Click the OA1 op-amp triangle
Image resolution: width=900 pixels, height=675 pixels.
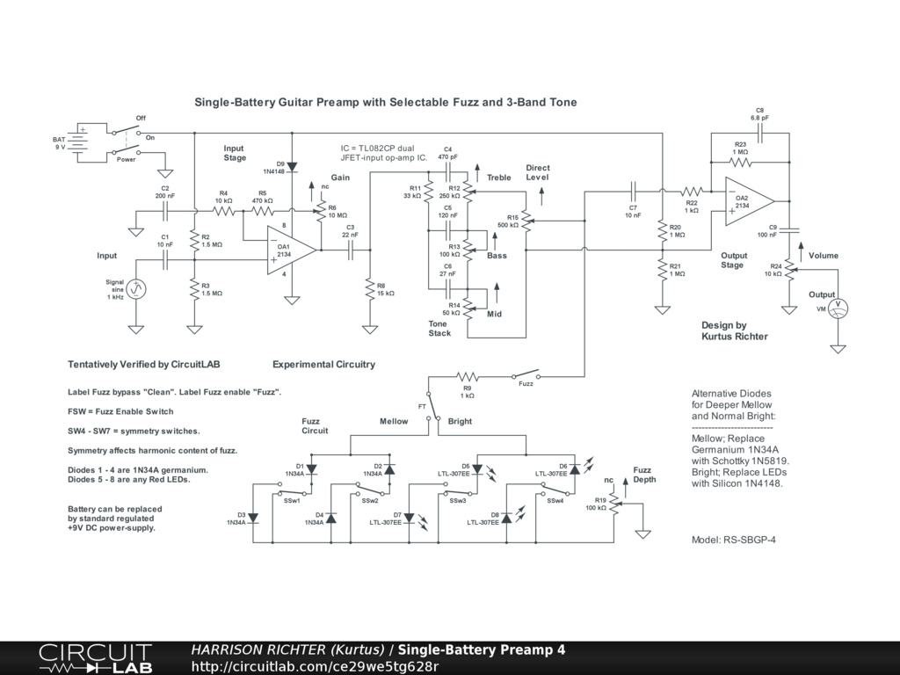pos(290,250)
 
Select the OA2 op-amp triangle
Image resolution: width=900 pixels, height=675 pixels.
pos(749,201)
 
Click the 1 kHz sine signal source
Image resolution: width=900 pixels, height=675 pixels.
pos(136,289)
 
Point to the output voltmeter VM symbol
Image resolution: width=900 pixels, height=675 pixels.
pos(838,308)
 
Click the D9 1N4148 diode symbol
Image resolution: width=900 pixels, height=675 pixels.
pos(292,167)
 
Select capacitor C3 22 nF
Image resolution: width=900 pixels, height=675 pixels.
pos(351,250)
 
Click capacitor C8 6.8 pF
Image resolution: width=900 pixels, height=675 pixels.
pos(759,134)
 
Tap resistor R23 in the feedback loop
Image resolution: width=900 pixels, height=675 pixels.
pos(740,163)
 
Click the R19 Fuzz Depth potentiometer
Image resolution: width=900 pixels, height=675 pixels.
pos(616,504)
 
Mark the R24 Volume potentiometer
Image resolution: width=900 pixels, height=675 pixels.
pos(790,269)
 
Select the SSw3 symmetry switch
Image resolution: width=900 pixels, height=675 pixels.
pos(459,489)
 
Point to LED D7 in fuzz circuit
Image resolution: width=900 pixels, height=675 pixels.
pos(410,519)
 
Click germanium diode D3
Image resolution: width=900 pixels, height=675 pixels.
pos(253,518)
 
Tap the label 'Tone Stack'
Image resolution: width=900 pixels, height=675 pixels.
pos(439,329)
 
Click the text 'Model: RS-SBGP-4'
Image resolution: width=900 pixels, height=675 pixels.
pos(734,540)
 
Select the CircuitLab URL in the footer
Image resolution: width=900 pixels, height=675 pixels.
pos(315,666)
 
